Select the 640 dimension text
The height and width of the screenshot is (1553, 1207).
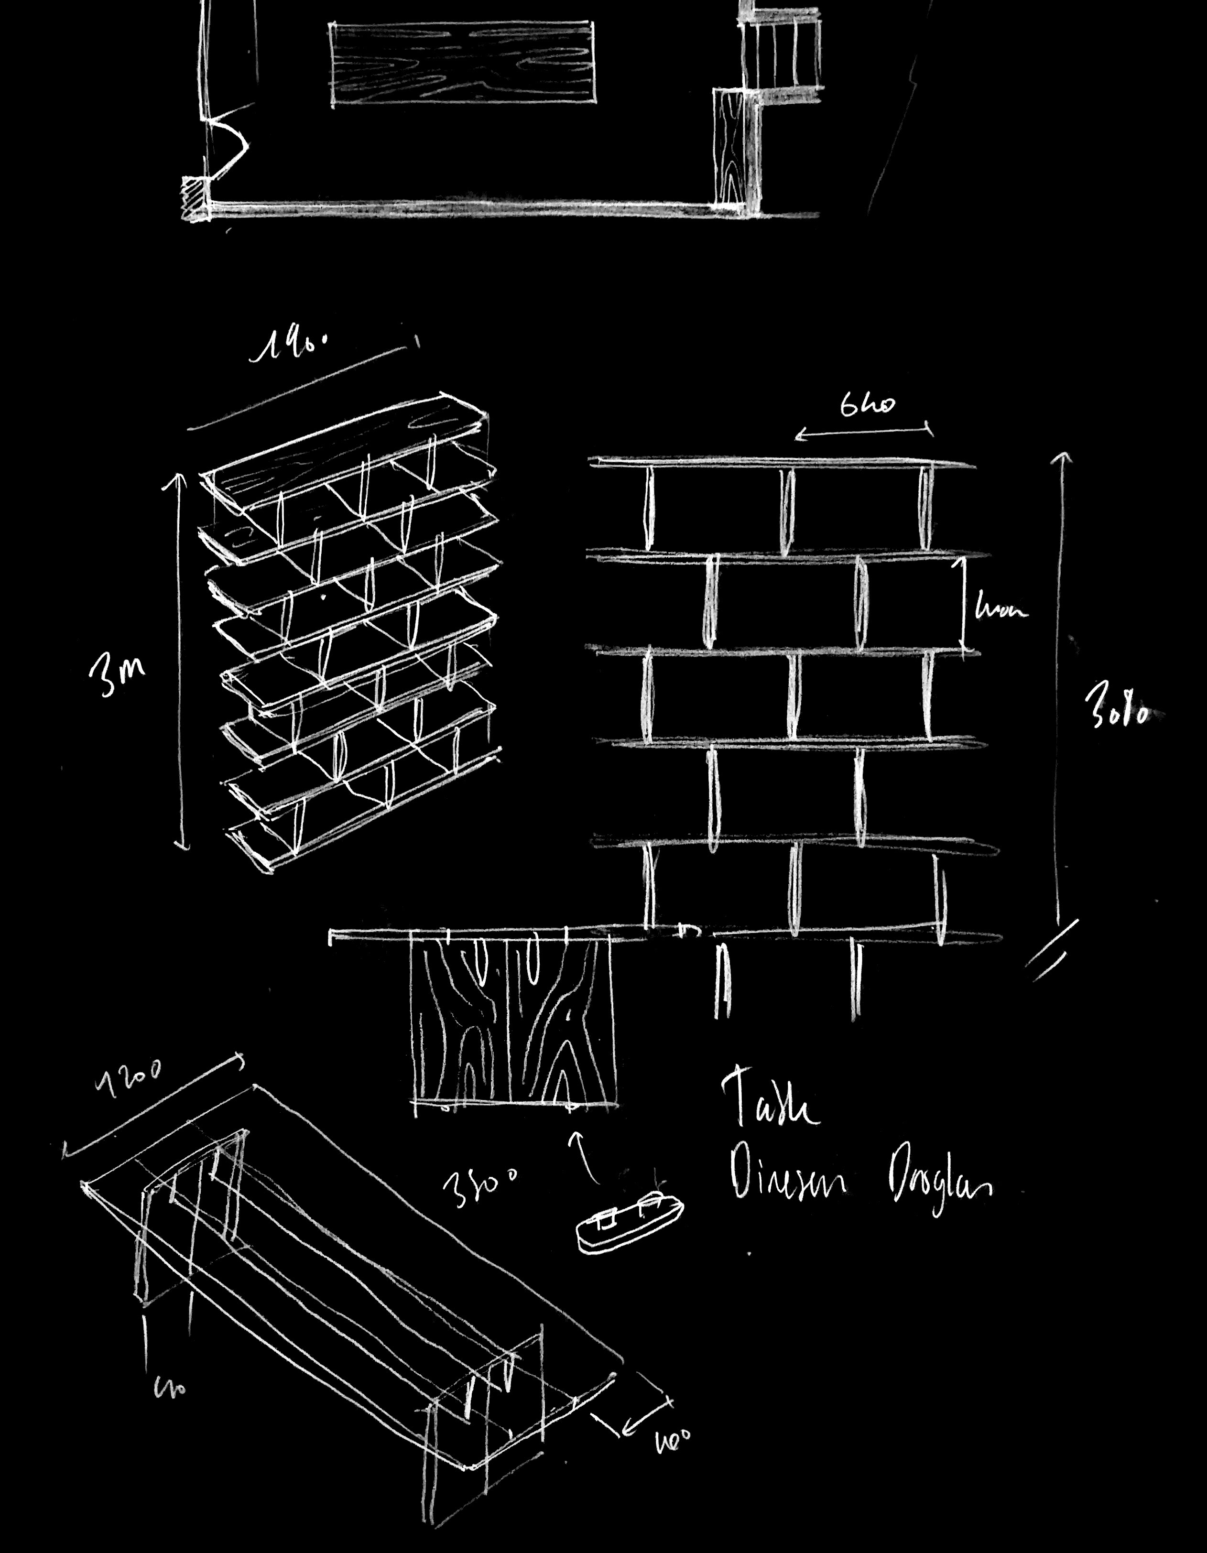tap(867, 405)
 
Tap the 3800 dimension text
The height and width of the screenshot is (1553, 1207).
tap(480, 1184)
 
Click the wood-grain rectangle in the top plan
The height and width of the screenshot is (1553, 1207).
tap(462, 63)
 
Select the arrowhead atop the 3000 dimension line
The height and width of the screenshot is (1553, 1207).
tap(1065, 459)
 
